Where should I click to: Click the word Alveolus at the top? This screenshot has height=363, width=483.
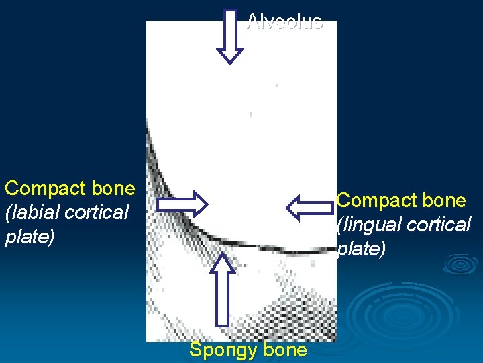(x=284, y=22)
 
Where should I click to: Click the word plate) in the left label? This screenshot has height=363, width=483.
(x=30, y=237)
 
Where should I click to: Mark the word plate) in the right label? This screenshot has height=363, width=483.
(x=361, y=249)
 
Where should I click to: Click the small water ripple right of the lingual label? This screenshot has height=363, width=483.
(x=460, y=264)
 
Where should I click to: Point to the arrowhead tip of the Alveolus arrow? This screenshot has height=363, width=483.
(x=230, y=62)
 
